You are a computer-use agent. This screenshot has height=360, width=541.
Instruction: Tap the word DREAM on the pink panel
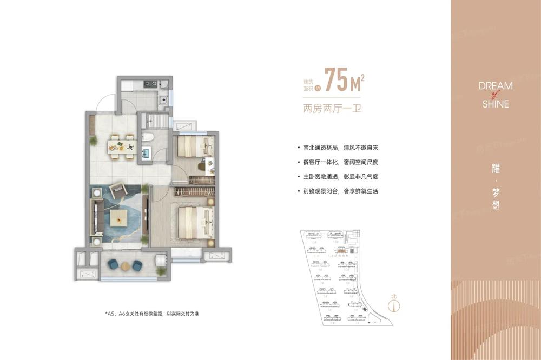(x=496, y=86)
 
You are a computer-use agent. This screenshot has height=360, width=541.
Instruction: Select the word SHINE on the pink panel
(x=496, y=104)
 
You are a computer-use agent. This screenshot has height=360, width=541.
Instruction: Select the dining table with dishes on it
(x=121, y=145)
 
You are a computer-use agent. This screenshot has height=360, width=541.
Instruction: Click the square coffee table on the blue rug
(x=119, y=218)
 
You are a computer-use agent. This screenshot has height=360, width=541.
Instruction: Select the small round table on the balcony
(x=126, y=265)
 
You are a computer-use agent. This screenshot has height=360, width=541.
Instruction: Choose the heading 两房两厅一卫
(x=332, y=108)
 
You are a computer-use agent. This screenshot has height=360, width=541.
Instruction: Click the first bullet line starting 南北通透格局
(x=340, y=148)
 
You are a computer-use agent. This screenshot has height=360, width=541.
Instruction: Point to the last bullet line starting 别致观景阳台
(x=340, y=191)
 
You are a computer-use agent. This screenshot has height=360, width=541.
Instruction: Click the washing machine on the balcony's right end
(x=161, y=263)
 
